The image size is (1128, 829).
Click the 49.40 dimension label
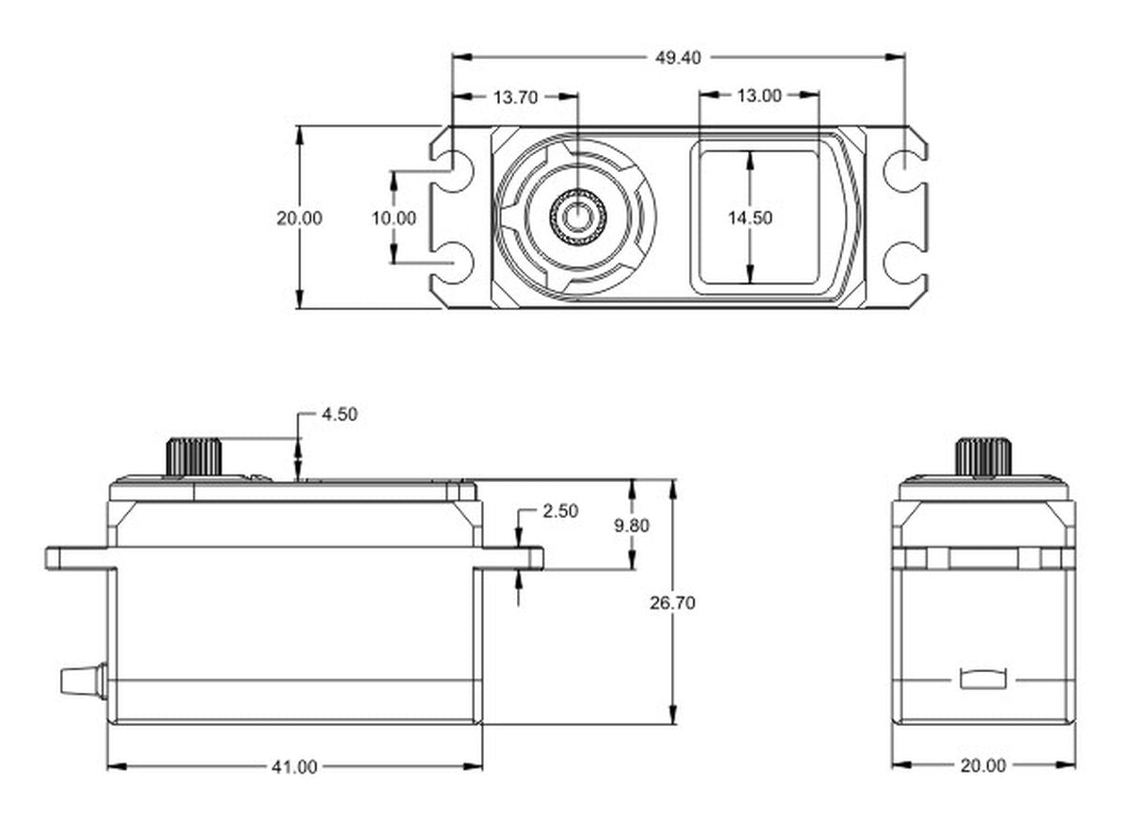click(x=678, y=58)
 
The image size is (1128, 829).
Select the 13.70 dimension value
click(x=515, y=97)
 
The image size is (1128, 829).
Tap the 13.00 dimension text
click(x=759, y=96)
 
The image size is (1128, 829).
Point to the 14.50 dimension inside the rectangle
click(x=750, y=217)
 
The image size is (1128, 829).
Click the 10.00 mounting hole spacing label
click(x=394, y=218)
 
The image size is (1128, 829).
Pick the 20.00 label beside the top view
click(x=299, y=218)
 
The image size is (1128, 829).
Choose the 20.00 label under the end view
click(x=983, y=765)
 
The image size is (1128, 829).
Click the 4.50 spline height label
click(x=339, y=414)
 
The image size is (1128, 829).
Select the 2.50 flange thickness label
click(x=560, y=510)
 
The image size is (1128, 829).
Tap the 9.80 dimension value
click(x=632, y=525)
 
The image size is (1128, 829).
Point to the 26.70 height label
click(x=672, y=602)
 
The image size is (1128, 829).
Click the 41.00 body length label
click(x=294, y=767)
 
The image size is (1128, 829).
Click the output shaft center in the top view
click(x=577, y=217)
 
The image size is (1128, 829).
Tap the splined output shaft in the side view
click(x=194, y=457)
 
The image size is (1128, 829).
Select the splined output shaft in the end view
click(x=983, y=457)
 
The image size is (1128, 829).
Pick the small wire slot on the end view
click(x=983, y=679)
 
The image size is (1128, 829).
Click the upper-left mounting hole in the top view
click(x=454, y=171)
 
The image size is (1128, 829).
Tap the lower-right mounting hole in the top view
click(x=905, y=263)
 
